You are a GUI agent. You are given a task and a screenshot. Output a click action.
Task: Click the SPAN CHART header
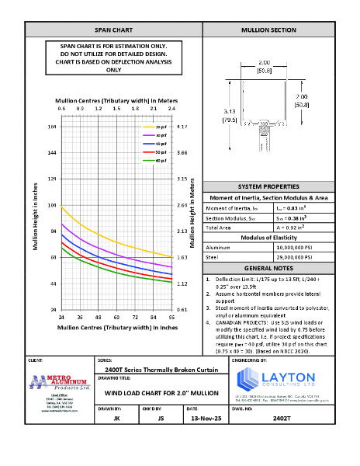pos(113,30)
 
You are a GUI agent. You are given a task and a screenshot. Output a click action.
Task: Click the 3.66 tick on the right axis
pos(182,153)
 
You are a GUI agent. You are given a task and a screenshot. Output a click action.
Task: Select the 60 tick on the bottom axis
pos(116,318)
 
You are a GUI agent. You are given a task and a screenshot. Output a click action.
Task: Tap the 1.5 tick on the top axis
pos(115,110)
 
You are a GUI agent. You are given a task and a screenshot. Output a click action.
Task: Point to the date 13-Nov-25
pos(201,418)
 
